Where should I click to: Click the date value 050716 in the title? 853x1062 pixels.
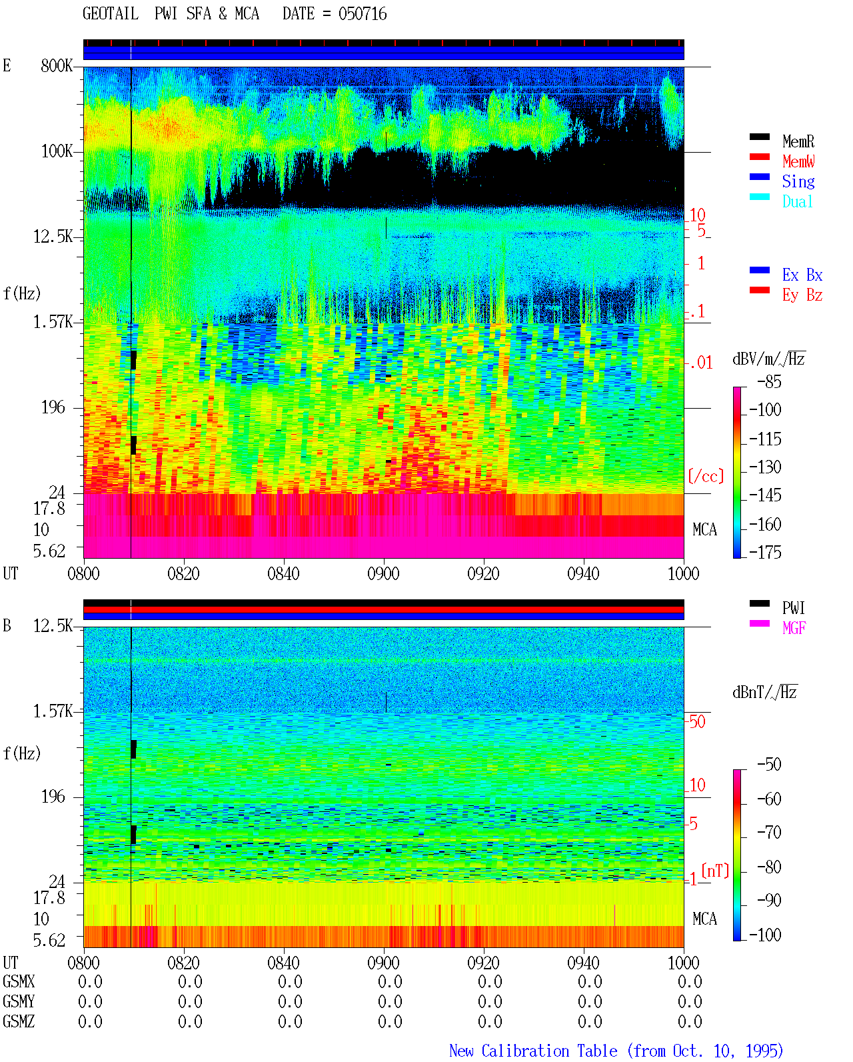(x=362, y=14)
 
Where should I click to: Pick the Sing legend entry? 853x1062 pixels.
(x=798, y=181)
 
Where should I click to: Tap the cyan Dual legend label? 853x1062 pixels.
(x=797, y=201)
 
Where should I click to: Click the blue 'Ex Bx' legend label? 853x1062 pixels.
(x=802, y=275)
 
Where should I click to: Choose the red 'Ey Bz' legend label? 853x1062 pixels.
(x=802, y=295)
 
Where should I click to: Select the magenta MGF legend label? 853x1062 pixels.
(x=794, y=628)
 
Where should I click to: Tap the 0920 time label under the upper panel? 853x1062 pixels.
(x=483, y=574)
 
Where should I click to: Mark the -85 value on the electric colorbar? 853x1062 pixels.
(x=769, y=382)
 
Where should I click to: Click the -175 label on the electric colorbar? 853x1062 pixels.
(x=765, y=552)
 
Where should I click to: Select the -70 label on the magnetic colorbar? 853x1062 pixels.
(x=769, y=833)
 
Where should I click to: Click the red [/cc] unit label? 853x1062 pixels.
(x=706, y=477)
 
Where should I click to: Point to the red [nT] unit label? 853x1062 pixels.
(x=715, y=871)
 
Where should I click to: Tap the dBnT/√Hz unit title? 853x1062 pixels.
(x=765, y=693)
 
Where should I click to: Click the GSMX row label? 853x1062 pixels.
(x=19, y=981)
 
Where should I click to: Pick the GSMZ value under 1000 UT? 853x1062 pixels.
(x=690, y=1021)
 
